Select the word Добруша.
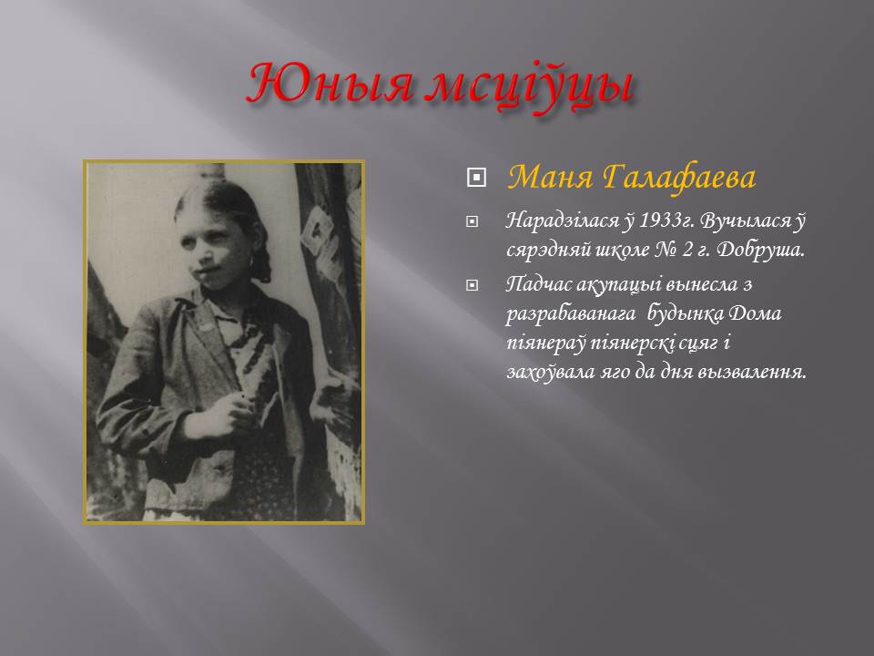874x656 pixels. point(760,250)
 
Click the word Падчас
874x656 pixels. point(538,284)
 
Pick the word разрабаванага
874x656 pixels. point(571,314)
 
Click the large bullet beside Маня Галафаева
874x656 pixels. point(475,178)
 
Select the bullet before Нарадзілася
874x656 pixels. point(472,222)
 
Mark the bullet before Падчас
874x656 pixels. point(472,285)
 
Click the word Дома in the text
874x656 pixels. point(755,313)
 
